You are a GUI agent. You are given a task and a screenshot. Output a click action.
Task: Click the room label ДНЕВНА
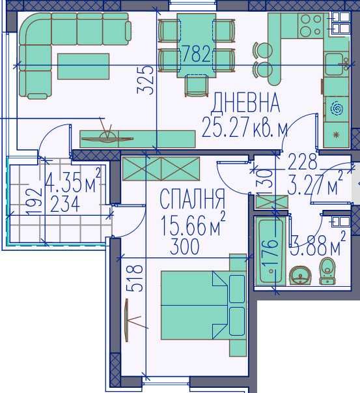pos(246,103)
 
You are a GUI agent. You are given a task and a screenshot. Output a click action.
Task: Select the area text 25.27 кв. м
pos(244,127)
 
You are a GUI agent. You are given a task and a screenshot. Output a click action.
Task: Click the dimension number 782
pos(196,54)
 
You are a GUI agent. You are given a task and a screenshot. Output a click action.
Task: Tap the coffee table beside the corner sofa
pos(83,66)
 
